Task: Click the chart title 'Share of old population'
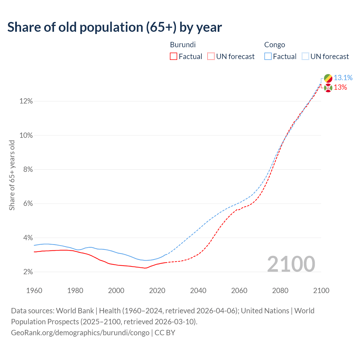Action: pos(114,27)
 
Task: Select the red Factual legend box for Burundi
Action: pos(174,57)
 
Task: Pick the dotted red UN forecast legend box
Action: pos(211,57)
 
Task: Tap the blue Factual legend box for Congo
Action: pos(268,57)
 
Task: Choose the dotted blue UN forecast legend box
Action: pos(305,57)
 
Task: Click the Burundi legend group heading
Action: pos(183,45)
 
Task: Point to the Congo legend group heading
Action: pos(274,45)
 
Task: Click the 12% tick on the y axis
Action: pos(26,101)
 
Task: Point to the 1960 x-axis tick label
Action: pos(34,291)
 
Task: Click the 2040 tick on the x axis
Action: pos(198,291)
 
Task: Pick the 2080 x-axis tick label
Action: pos(280,291)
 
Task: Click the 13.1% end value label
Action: pos(343,78)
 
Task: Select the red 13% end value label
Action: pos(340,87)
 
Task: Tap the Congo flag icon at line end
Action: pos(328,78)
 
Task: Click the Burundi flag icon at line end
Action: pos(328,88)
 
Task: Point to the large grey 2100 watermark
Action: pos(291,264)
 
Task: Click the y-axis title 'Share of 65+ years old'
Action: pos(12,175)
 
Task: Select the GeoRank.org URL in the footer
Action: pos(80,333)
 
